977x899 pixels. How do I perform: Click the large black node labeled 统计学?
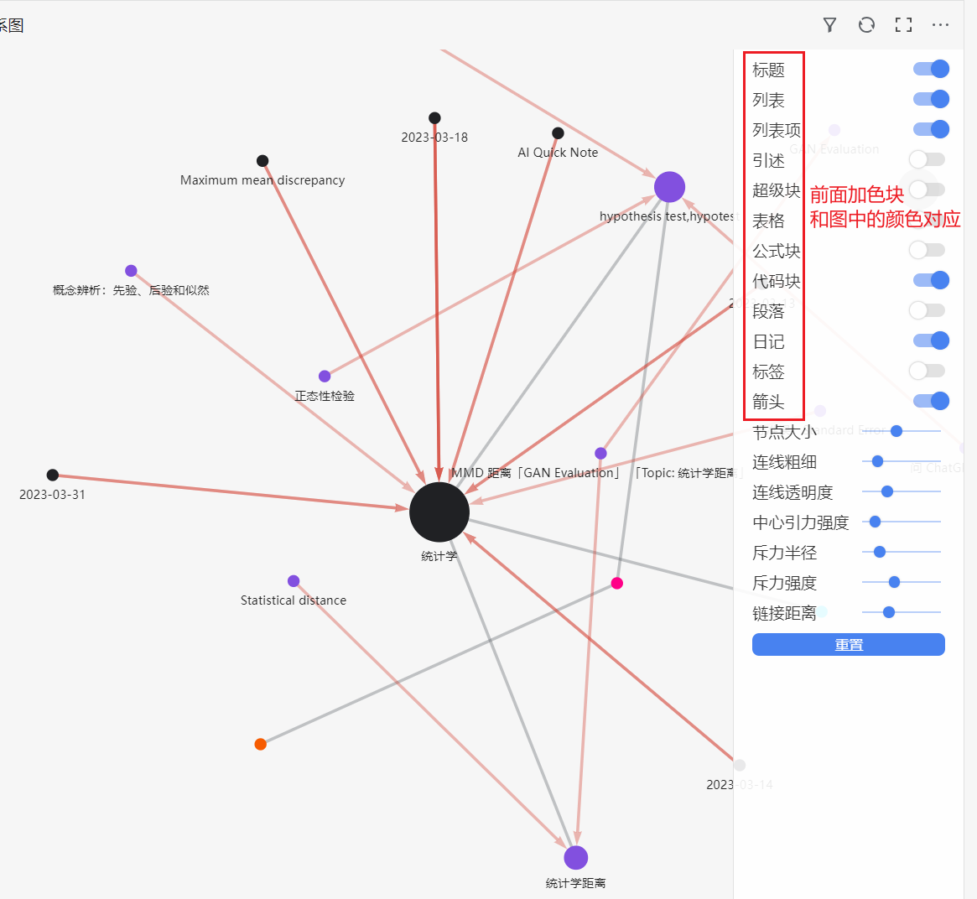(439, 512)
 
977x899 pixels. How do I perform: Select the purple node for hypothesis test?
(669, 187)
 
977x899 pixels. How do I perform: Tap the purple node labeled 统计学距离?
(575, 858)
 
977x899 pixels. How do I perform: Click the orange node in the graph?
(261, 744)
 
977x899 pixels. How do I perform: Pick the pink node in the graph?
(617, 583)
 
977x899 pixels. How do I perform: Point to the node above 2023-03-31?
(53, 475)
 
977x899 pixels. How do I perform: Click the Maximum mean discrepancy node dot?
(262, 161)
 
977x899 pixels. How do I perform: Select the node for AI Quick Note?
(558, 133)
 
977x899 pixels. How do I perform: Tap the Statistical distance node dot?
(294, 581)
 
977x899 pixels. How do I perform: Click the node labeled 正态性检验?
(325, 377)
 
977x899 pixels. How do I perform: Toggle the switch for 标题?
(931, 69)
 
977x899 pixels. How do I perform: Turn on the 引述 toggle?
(927, 159)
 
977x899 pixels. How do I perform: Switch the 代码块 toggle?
(931, 280)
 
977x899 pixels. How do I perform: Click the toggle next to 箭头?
(931, 401)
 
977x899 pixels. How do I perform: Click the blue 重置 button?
(848, 644)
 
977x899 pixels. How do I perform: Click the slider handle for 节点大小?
(896, 431)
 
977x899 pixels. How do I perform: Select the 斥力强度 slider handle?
(894, 582)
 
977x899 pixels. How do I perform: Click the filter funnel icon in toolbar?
(829, 25)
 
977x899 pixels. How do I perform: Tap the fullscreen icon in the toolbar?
(903, 25)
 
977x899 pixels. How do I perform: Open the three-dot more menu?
(940, 25)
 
